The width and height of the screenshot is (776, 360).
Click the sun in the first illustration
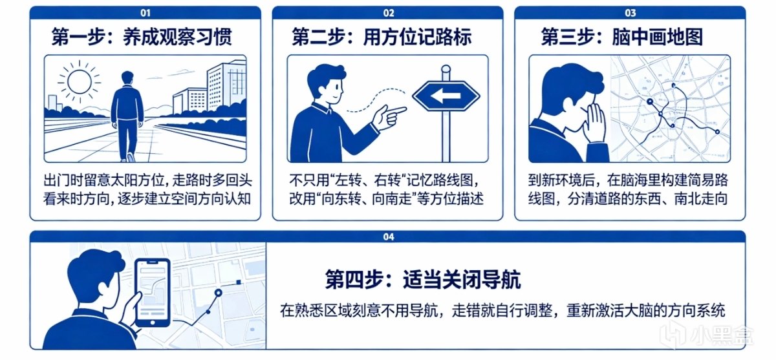(x=80, y=82)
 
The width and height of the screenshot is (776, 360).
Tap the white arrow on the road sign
(x=446, y=96)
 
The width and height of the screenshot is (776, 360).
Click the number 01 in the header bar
(x=145, y=13)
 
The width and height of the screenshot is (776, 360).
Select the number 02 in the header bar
(x=389, y=13)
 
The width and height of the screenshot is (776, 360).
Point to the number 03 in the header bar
(x=630, y=13)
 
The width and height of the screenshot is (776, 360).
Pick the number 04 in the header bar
(x=389, y=237)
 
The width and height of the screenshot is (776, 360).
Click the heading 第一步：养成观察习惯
(x=142, y=37)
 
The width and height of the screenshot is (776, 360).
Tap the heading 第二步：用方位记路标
(x=382, y=37)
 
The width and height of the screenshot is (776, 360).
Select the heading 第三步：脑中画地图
(x=622, y=37)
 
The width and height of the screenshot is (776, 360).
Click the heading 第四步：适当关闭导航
(x=423, y=280)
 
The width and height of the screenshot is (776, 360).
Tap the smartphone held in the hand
(x=153, y=293)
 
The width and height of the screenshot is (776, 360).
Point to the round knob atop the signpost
(x=446, y=69)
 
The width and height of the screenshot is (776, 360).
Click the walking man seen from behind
(x=127, y=116)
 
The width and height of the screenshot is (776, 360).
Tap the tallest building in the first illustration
(x=227, y=87)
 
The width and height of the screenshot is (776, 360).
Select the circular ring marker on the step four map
(x=218, y=293)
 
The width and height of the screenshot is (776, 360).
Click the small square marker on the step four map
(x=239, y=282)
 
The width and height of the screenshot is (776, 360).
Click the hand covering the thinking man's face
(x=596, y=123)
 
